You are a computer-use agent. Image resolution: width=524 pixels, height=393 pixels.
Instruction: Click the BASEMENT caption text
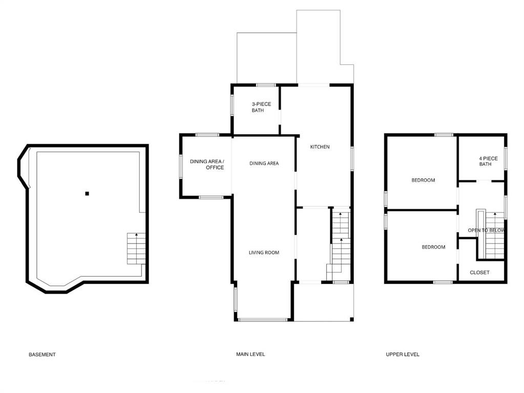[x=42, y=355]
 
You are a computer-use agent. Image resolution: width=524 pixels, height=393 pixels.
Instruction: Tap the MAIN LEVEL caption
[x=250, y=355]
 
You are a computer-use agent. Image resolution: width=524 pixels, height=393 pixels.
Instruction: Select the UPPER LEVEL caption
[x=403, y=355]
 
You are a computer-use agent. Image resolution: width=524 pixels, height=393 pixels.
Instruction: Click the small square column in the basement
[x=87, y=193]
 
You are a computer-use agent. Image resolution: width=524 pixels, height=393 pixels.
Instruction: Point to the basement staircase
[x=136, y=248]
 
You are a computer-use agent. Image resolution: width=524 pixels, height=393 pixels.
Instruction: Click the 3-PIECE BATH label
[x=261, y=107]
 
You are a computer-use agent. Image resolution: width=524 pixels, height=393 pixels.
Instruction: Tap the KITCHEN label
[x=320, y=147]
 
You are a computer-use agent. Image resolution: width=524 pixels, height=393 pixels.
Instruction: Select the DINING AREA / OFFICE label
[x=207, y=165]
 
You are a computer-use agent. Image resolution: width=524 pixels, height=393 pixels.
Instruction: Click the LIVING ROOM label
[x=264, y=253]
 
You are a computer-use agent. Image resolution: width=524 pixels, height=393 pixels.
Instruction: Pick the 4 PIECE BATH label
[x=485, y=161]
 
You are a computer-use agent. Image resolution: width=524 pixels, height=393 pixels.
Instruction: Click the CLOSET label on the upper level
[x=479, y=273]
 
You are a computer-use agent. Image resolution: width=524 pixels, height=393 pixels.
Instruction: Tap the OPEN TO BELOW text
[x=486, y=230]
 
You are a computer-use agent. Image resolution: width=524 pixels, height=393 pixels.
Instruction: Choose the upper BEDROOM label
[x=423, y=180]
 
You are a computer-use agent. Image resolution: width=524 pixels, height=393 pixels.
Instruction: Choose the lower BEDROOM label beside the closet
[x=433, y=247]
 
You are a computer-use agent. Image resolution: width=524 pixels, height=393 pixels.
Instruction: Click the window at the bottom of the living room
[x=262, y=320]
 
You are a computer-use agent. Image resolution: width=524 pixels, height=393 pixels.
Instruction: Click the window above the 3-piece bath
[x=266, y=85]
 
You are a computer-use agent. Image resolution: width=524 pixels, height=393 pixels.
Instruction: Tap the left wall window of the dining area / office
[x=180, y=166]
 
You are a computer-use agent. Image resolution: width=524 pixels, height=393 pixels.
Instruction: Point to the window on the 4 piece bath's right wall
[x=506, y=158]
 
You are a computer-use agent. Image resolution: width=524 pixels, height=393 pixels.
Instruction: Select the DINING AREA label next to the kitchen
[x=264, y=164]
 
